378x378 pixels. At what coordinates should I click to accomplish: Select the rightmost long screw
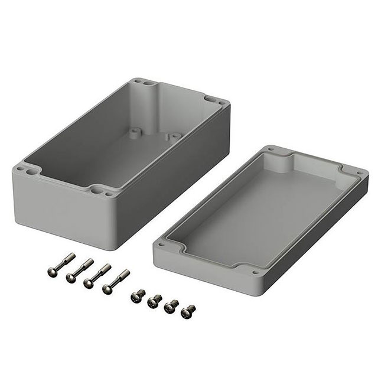[x=115, y=281]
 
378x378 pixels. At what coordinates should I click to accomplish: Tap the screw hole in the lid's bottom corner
[x=255, y=273]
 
